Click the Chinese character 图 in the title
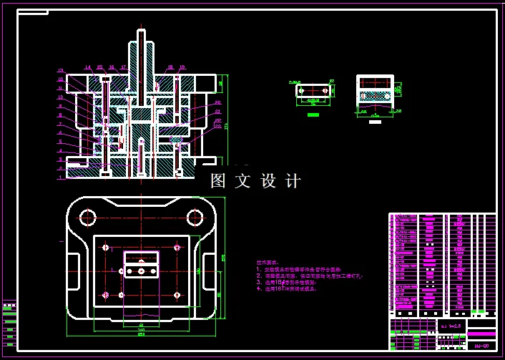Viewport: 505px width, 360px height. (218, 181)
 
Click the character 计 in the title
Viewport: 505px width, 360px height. (293, 181)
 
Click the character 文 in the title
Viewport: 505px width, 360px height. (242, 181)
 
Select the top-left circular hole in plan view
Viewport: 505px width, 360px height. (89, 217)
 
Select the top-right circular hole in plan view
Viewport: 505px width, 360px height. (195, 217)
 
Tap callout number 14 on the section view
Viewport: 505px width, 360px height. (88, 67)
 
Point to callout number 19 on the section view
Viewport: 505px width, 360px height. (182, 67)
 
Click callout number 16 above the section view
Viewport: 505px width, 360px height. (112, 67)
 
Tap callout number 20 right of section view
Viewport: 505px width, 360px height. (217, 102)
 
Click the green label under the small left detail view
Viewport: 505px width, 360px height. (313, 115)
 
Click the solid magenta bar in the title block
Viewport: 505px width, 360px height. (481, 334)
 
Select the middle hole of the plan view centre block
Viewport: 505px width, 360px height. (142, 271)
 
